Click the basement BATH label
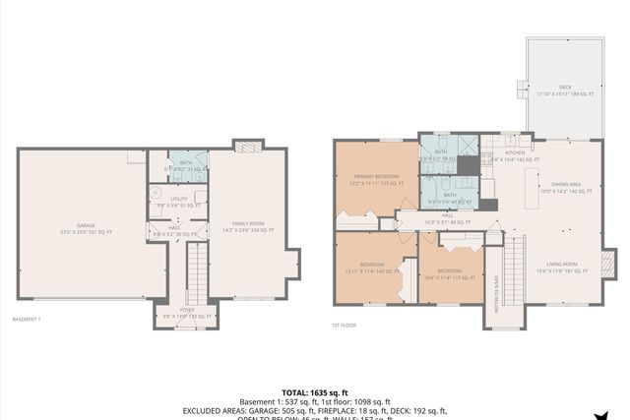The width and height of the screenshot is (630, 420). coord(186,165)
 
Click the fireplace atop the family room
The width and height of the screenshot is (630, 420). coord(248,146)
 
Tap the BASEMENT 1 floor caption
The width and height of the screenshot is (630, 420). coord(27,320)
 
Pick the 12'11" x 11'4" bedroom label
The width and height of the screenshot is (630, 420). coord(367,268)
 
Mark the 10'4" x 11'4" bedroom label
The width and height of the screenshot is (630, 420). coord(449,272)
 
